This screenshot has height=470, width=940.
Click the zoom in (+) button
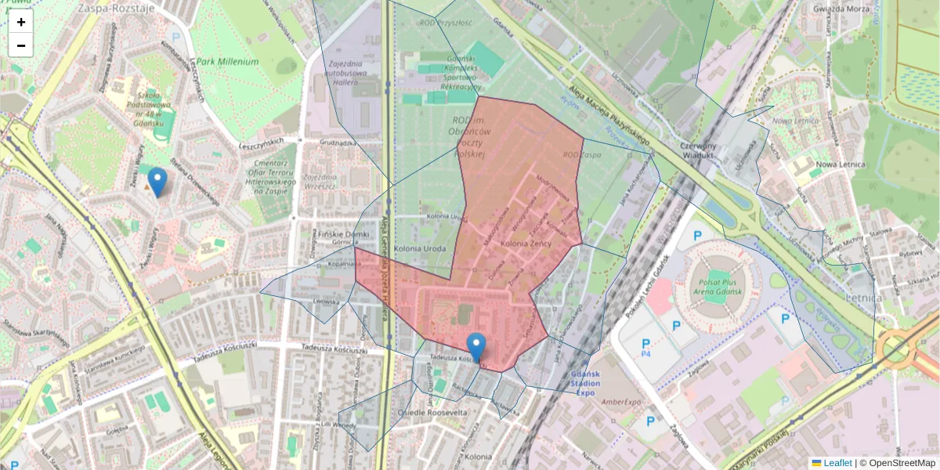(x=21, y=22)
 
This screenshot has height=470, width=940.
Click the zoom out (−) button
(x=21, y=45)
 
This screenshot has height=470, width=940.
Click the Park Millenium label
(x=227, y=61)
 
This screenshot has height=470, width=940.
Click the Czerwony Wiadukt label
(x=698, y=150)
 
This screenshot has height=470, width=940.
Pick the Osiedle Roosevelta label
(x=432, y=412)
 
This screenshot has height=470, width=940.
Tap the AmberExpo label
(x=623, y=402)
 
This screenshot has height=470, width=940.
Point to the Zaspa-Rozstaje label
(x=116, y=9)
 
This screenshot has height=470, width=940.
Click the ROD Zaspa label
(x=580, y=155)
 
